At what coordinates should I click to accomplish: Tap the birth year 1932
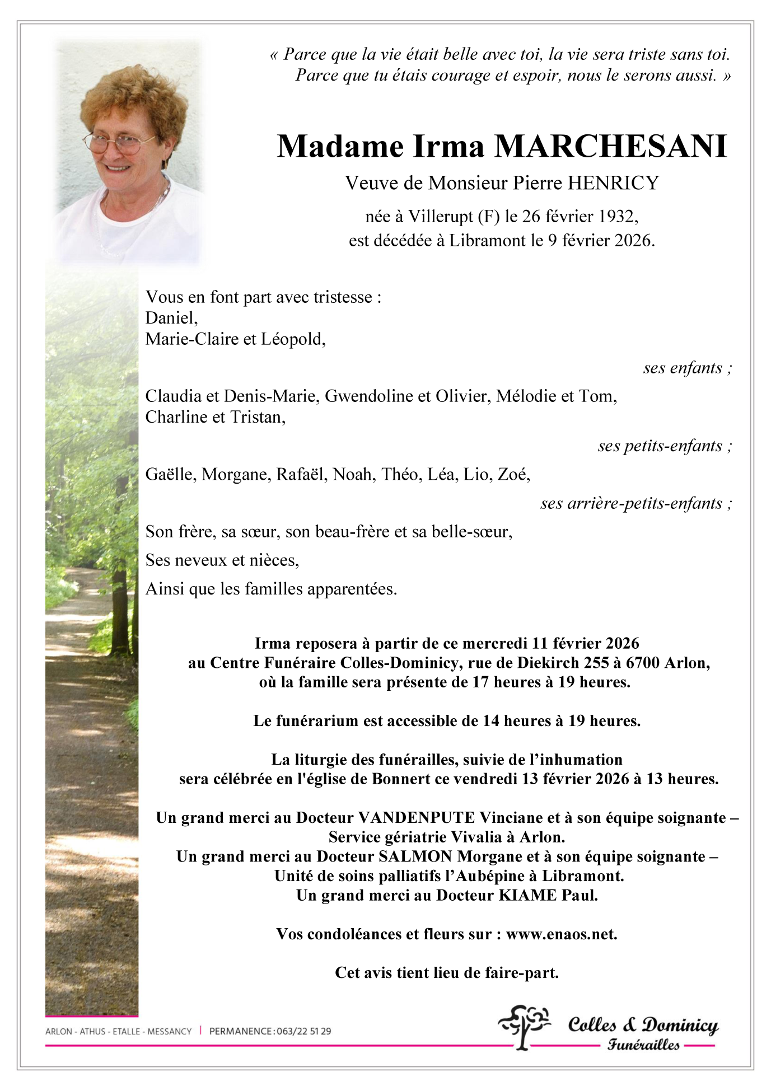(615, 216)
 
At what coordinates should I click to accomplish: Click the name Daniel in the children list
(171, 318)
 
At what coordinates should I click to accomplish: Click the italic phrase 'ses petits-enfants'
(660, 446)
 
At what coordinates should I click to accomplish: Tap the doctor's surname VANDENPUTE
(416, 818)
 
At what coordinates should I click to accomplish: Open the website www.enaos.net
(561, 934)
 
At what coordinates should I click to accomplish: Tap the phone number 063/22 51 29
(303, 1031)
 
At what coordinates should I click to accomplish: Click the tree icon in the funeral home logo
(523, 1026)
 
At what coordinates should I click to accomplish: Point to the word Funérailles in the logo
(643, 1045)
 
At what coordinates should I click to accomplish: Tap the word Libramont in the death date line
(487, 241)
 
